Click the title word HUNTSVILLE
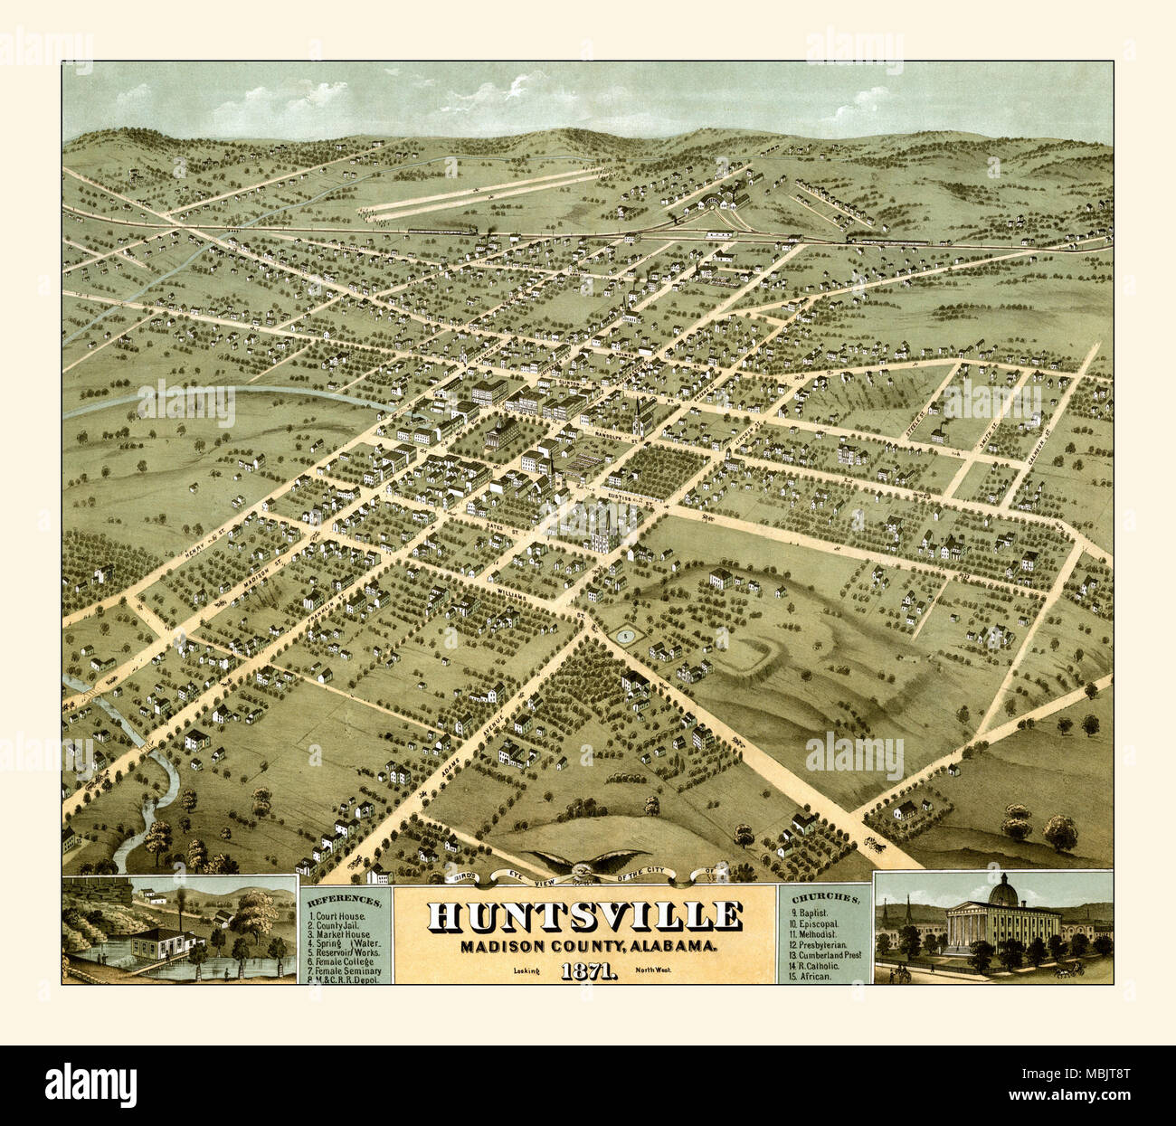coord(584,915)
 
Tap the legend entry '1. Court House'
coord(337,916)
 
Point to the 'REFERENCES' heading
coord(345,902)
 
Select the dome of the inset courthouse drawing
coord(1002,893)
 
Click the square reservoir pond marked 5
coord(623,635)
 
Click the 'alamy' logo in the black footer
coord(91,1083)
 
